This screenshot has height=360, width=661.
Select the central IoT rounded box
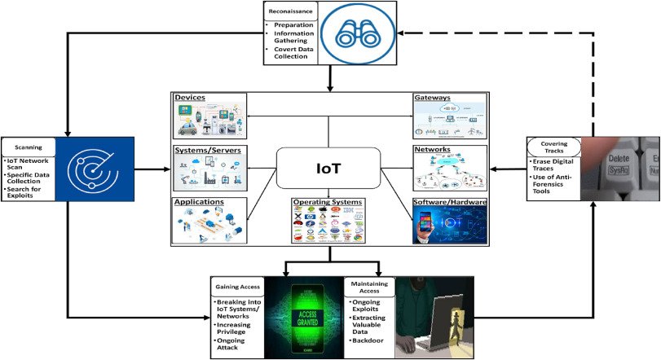click(x=328, y=169)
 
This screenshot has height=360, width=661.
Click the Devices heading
click(x=189, y=98)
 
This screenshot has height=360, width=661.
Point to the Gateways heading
click(x=432, y=98)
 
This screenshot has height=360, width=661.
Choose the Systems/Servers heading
click(x=207, y=151)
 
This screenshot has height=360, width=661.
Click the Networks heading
click(x=432, y=151)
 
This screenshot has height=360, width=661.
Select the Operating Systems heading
click(x=328, y=201)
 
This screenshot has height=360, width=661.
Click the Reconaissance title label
click(x=289, y=11)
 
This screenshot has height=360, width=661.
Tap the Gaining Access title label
click(x=236, y=287)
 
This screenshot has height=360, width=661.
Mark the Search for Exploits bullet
click(x=29, y=193)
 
